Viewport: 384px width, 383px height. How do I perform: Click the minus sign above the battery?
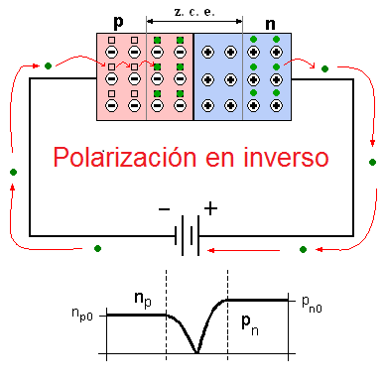[x=163, y=210]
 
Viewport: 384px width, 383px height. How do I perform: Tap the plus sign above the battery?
[x=210, y=208]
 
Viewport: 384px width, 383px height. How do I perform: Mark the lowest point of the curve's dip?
[x=197, y=352]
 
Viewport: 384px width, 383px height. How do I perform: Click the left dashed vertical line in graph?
[x=166, y=318]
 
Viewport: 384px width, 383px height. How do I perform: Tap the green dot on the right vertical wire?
[x=372, y=161]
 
